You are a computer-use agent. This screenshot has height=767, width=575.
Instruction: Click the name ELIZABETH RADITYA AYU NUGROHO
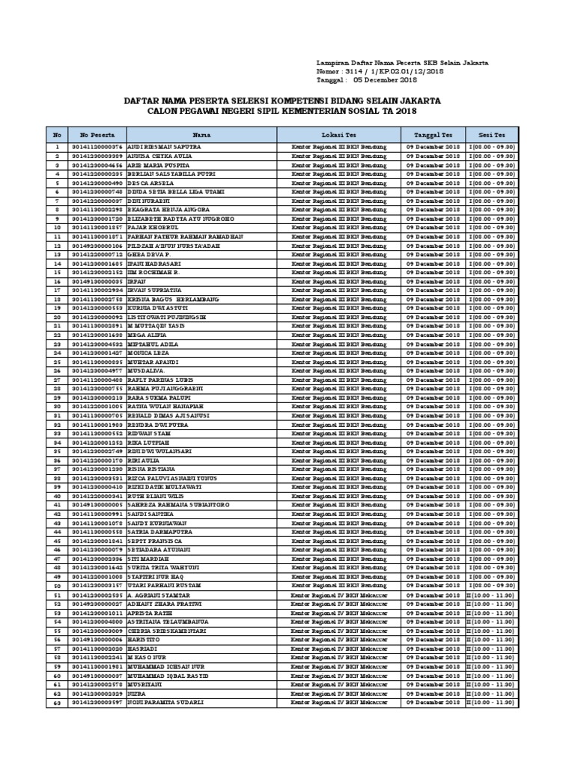pyautogui.click(x=176, y=219)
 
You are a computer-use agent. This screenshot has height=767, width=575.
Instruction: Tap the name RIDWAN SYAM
pyautogui.click(x=149, y=432)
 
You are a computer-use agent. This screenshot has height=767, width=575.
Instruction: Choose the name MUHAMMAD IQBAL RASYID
pyautogui.click(x=168, y=676)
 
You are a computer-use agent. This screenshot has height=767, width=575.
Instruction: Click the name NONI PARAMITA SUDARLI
pyautogui.click(x=165, y=703)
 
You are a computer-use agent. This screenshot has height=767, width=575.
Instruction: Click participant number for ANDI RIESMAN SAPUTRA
pyautogui.click(x=97, y=148)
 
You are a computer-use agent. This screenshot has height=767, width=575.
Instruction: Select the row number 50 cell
pyautogui.click(x=56, y=586)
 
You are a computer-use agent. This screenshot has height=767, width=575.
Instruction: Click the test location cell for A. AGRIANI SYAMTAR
pyautogui.click(x=338, y=595)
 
